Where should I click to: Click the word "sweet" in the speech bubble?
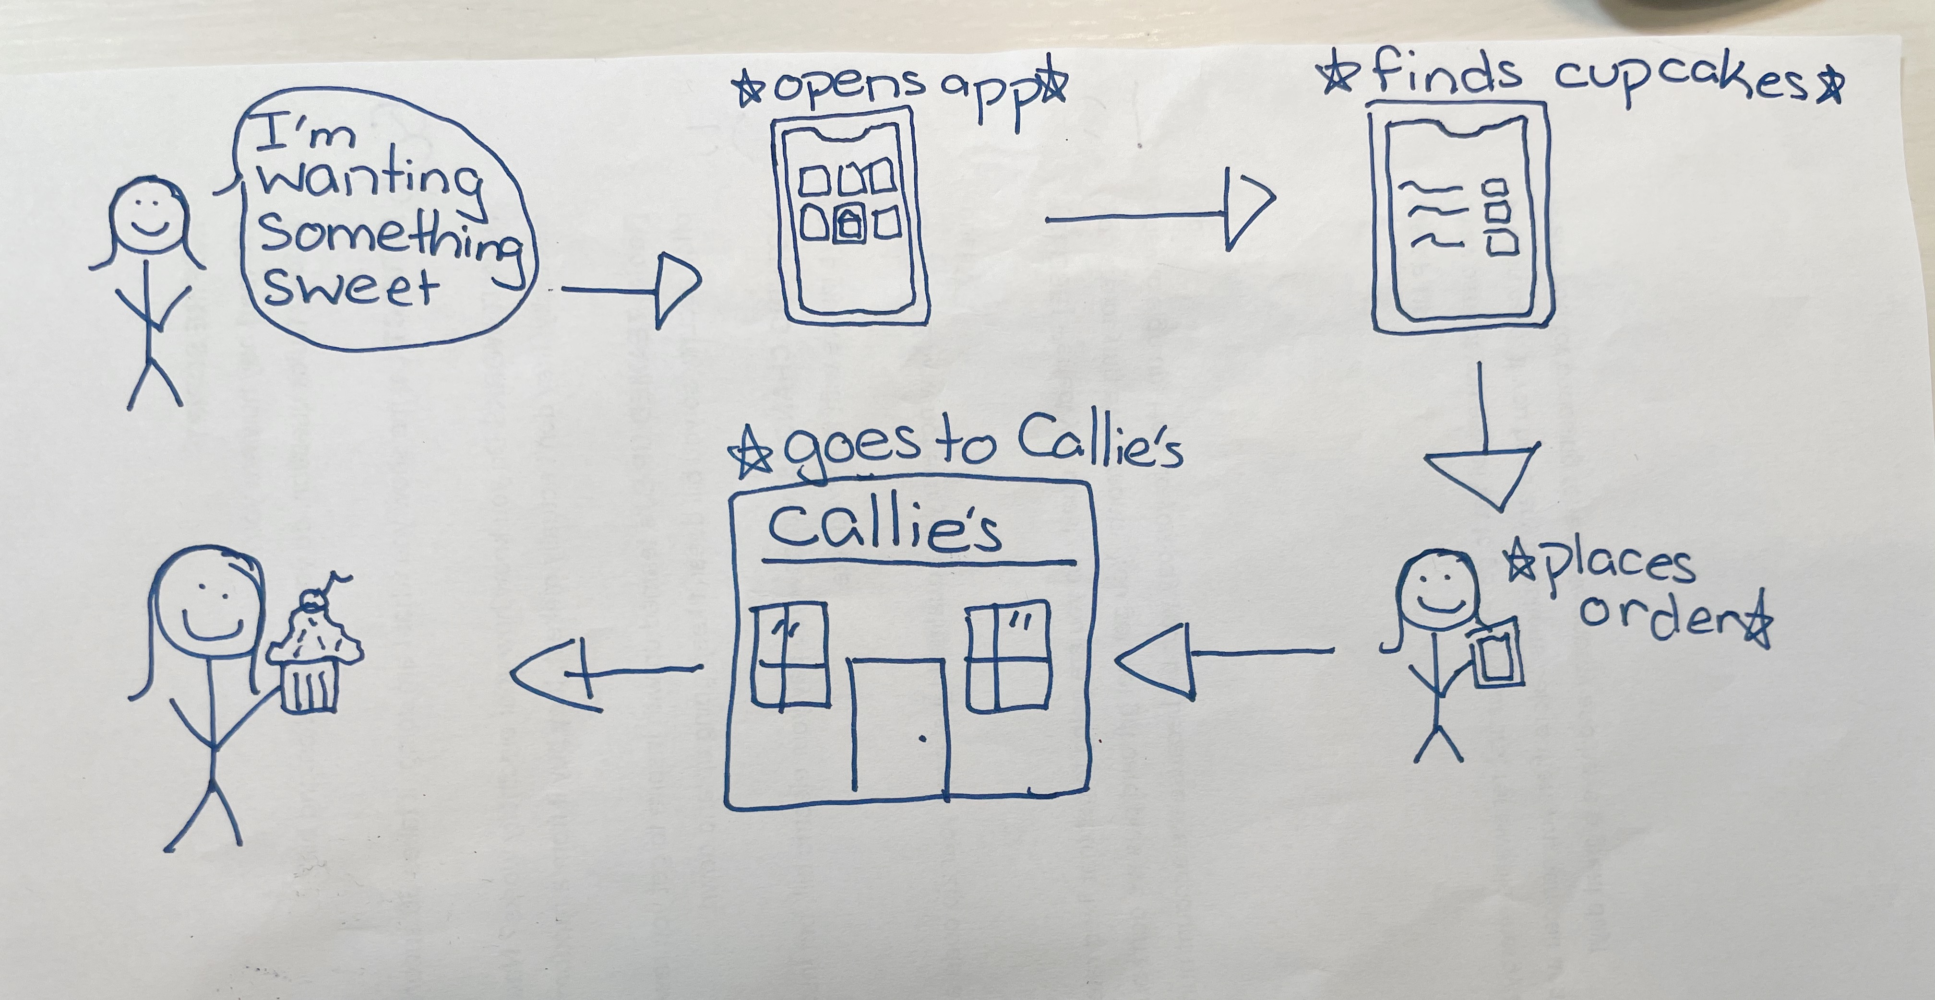coord(350,288)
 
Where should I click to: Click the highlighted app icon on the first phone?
coord(848,225)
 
